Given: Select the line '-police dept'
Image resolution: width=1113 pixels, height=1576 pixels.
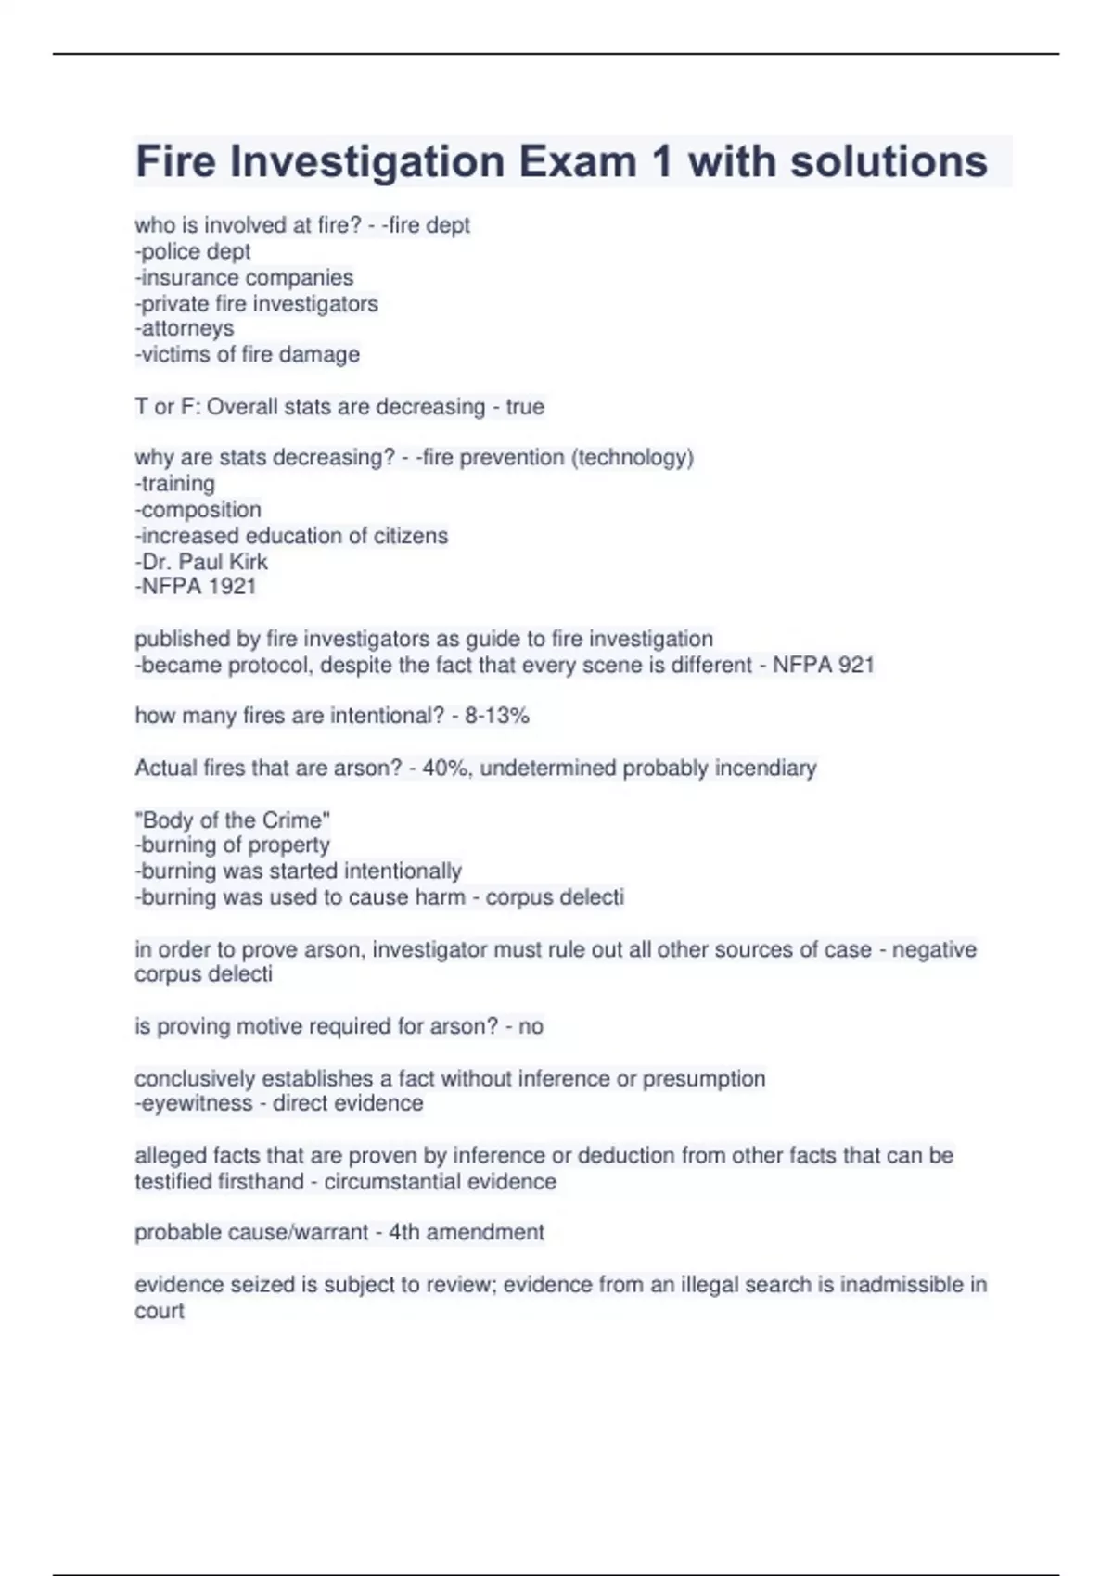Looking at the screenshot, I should point(193,251).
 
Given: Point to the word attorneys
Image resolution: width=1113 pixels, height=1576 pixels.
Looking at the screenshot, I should point(187,328).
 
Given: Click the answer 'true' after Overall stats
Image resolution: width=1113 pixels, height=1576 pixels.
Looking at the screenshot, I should point(525,407).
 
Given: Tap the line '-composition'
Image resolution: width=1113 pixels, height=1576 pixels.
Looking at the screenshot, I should point(198,509).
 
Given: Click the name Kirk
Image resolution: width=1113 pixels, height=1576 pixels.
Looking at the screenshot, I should point(246,562).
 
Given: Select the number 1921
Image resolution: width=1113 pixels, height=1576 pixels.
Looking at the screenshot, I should point(233,586).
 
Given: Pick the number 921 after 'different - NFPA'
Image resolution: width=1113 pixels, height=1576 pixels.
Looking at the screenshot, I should point(852,665).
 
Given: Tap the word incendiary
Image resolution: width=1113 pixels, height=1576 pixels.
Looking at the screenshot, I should point(765,768).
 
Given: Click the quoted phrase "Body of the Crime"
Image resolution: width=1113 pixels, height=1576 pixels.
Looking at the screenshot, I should point(232,820).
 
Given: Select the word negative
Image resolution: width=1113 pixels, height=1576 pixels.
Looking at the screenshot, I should point(934,949).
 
